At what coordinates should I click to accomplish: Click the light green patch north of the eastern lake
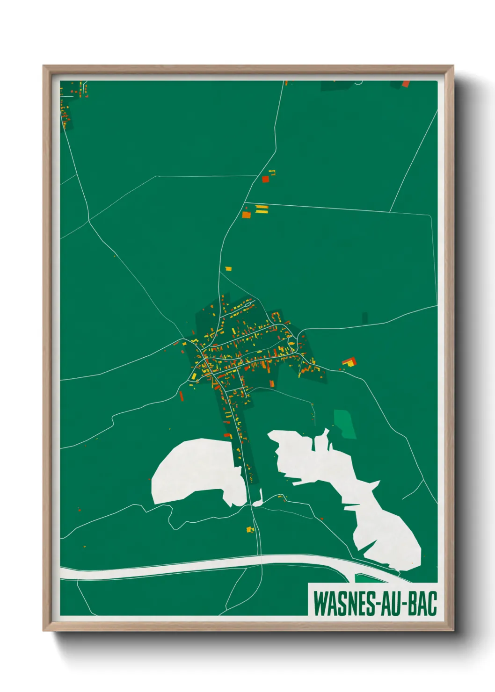[x=344, y=423]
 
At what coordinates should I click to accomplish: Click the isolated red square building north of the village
[x=265, y=179]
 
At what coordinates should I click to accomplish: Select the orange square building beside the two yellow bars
[x=246, y=215]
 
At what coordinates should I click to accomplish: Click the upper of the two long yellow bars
[x=262, y=206]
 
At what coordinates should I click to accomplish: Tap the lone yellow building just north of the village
[x=228, y=268]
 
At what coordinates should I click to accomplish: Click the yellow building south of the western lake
[x=250, y=530]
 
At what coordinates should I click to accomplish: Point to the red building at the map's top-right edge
[x=406, y=84]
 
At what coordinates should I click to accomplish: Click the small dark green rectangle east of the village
[x=365, y=317]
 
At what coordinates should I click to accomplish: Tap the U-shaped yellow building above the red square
[x=272, y=173]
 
